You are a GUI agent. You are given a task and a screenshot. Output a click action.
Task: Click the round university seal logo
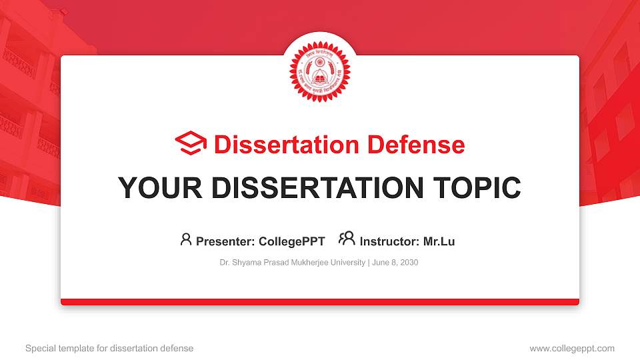[319, 72]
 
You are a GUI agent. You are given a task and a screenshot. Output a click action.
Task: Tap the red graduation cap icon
[191, 144]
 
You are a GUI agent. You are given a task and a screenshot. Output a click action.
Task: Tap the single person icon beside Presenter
[186, 239]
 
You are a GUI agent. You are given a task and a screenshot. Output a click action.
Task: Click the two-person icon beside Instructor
[347, 239]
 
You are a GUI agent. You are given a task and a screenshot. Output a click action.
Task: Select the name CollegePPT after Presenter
[292, 241]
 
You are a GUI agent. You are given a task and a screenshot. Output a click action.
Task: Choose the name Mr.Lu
[439, 241]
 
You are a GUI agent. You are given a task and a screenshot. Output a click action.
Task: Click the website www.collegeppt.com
[572, 348]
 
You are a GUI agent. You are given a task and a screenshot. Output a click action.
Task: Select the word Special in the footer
[39, 348]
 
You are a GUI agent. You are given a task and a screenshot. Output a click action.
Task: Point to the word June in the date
[380, 263]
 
